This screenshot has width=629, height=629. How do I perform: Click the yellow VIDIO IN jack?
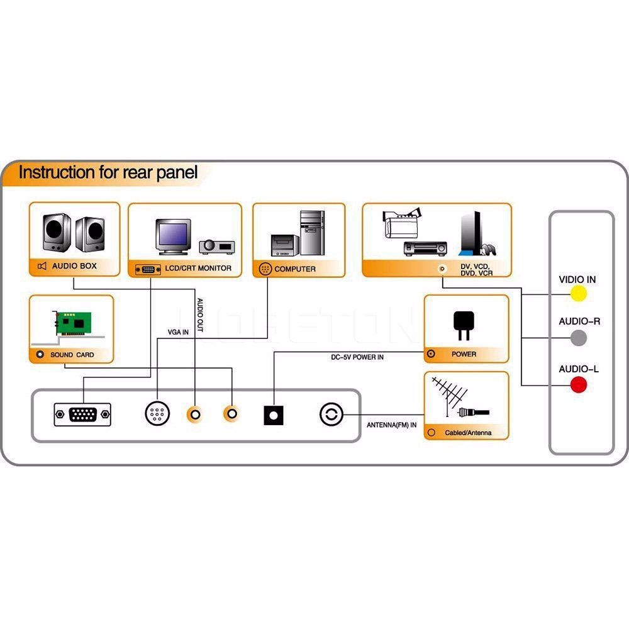(x=578, y=293)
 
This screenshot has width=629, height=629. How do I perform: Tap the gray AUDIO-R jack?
(x=578, y=338)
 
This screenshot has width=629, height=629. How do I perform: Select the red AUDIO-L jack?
(x=578, y=385)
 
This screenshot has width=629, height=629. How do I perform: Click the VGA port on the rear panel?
(x=82, y=415)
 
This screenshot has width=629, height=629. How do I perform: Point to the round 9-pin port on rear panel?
(x=157, y=414)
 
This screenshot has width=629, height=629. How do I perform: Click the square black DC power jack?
(x=273, y=415)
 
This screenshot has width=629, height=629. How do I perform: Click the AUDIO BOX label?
(x=74, y=266)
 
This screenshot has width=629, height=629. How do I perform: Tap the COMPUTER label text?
(x=295, y=269)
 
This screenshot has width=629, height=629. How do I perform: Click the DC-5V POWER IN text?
(x=357, y=357)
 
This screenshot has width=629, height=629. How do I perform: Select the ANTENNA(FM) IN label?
(x=391, y=425)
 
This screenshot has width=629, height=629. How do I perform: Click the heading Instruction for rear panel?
(x=108, y=172)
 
